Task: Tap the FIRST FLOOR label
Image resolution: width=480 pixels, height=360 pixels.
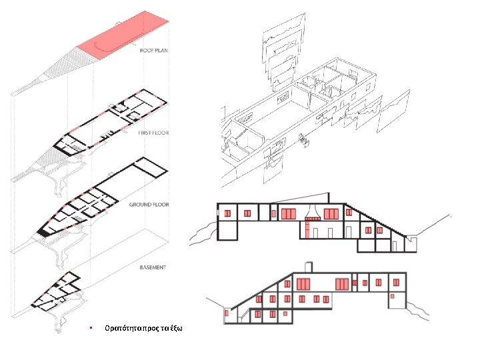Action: point(153,133)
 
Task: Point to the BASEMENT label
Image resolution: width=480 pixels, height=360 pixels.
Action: point(153,267)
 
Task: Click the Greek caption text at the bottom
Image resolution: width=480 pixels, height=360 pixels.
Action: point(143,329)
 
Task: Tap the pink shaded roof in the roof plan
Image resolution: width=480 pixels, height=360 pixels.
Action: point(124,30)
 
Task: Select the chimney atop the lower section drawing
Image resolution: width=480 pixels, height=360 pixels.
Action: point(307,267)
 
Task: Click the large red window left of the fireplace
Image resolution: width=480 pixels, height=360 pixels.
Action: point(289,213)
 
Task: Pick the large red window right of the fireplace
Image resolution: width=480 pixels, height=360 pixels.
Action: point(331,213)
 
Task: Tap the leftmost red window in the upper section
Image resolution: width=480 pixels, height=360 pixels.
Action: point(227,213)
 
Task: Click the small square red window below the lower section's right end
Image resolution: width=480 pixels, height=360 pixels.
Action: point(393,295)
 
